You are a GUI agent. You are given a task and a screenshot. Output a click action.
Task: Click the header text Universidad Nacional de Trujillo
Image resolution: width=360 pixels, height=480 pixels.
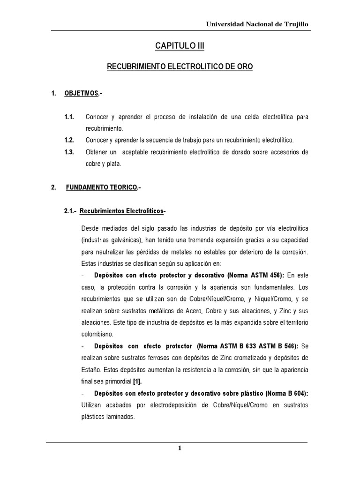[257, 24]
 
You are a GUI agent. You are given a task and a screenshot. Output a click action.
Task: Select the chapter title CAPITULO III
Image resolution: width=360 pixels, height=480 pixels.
[180, 46]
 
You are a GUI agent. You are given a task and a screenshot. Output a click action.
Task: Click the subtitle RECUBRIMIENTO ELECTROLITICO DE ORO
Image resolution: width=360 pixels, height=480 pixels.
[180, 67]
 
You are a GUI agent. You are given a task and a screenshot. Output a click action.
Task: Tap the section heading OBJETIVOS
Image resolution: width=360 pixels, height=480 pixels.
[82, 94]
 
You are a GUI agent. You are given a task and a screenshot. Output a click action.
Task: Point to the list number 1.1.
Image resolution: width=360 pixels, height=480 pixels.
[69, 116]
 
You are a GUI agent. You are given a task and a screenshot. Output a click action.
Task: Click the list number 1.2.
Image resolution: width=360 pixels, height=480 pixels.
[69, 140]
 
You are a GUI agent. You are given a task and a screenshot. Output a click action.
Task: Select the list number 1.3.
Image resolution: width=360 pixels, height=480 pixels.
[69, 152]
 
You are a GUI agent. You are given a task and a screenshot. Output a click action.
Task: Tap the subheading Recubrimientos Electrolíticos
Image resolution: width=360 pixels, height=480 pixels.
[121, 211]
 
